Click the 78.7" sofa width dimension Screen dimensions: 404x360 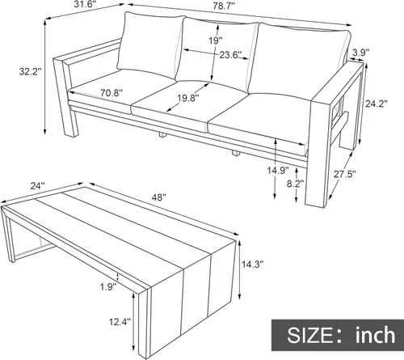(224, 6)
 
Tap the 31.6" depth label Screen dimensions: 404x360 (84, 6)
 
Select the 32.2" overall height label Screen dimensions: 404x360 (30, 71)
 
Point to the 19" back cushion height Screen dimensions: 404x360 (216, 40)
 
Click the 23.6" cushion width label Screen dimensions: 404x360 (230, 55)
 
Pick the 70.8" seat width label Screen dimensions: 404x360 (112, 93)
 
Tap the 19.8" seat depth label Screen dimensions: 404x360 (188, 98)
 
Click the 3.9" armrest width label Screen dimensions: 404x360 (360, 53)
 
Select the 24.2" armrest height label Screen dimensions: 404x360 (377, 104)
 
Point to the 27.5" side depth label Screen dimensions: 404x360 (345, 174)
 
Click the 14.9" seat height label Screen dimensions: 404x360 (278, 170)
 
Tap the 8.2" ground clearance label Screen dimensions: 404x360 (295, 184)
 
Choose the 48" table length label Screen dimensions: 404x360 (158, 197)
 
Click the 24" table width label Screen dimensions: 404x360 (37, 186)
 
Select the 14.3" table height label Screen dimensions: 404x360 (252, 265)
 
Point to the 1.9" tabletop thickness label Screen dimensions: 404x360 (108, 287)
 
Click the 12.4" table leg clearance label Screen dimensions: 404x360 (120, 322)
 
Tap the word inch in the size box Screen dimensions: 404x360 (376, 335)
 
